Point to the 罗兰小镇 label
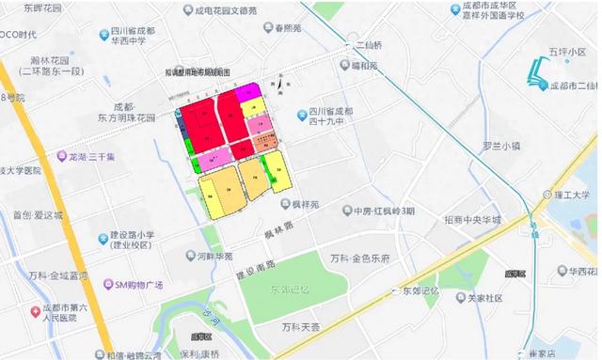tap(501, 146)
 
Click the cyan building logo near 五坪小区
tap(536, 70)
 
